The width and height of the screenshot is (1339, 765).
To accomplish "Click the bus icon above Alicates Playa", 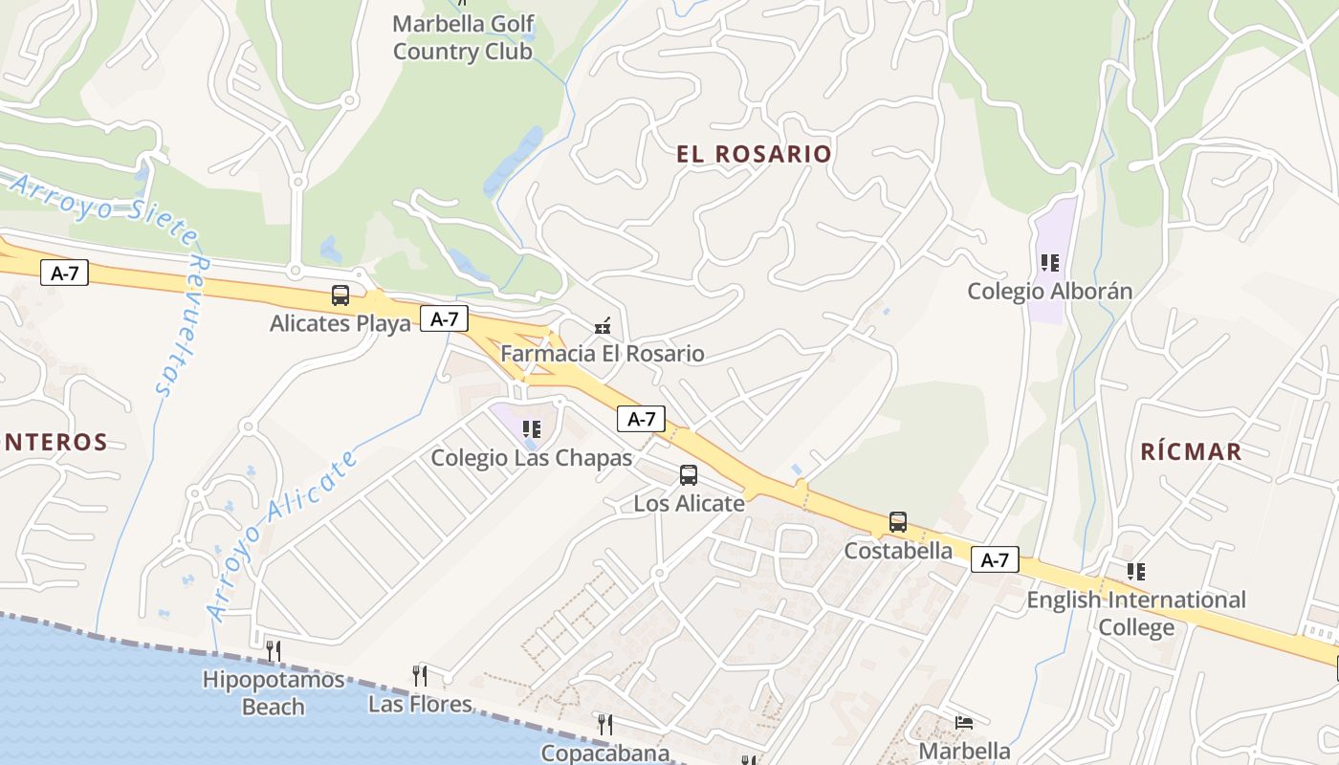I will tap(340, 295).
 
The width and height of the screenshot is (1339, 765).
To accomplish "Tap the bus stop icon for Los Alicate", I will tap(688, 475).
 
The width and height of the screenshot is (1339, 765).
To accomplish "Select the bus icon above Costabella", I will tap(897, 522).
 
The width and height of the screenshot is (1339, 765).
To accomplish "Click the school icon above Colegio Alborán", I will tap(1049, 262).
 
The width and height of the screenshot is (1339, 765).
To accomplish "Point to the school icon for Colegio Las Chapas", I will tap(531, 429).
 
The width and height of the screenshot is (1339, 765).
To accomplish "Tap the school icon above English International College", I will tap(1135, 572).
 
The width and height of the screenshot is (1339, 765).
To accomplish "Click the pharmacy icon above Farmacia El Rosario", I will tap(603, 326).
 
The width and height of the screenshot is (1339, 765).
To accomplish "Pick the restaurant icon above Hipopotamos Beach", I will tap(273, 651).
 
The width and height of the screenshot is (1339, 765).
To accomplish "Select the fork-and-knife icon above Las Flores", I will tap(419, 675).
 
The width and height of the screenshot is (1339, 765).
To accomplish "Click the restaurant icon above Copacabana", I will tap(604, 724).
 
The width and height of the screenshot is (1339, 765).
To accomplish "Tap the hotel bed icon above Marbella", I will tap(964, 722).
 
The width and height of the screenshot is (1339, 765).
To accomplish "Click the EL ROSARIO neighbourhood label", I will tap(754, 154).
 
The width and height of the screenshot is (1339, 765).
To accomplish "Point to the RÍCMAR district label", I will tap(1191, 451).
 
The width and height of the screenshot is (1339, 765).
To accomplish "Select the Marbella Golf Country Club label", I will tap(463, 37).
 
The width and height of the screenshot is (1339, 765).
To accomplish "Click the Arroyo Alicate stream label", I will tap(283, 533).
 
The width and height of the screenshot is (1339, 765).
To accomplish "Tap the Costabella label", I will tap(898, 551).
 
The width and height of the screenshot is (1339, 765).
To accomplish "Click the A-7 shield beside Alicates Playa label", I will tap(444, 319).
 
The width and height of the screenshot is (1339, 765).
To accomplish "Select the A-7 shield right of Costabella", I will tap(995, 560).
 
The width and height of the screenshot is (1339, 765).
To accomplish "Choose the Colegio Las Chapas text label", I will tap(532, 458).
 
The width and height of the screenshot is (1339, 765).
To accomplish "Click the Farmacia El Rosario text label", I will tap(603, 354).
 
